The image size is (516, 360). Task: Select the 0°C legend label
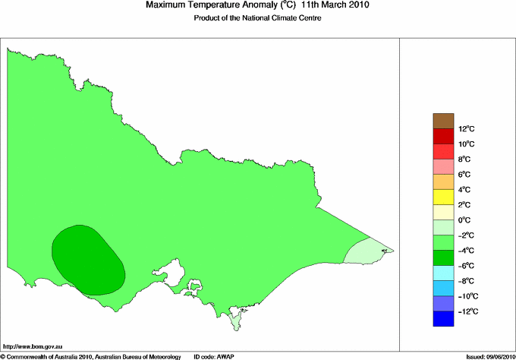(465, 220)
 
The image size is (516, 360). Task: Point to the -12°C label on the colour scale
(467, 311)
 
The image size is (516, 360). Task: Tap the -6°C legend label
(466, 266)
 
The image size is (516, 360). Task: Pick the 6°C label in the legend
(465, 174)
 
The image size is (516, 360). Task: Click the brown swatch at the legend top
(442, 120)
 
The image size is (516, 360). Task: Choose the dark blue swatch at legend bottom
(442, 319)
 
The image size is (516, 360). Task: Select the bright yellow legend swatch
(442, 197)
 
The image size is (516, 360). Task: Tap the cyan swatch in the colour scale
(442, 273)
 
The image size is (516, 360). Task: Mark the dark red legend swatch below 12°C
(442, 136)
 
